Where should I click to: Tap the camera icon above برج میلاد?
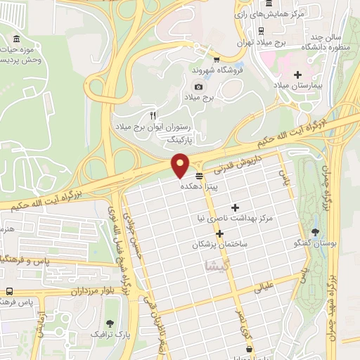click(198, 86)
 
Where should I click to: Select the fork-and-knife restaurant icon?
click(153, 115)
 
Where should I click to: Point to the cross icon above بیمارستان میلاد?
click(297, 75)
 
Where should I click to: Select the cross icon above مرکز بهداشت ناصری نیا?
click(235, 207)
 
